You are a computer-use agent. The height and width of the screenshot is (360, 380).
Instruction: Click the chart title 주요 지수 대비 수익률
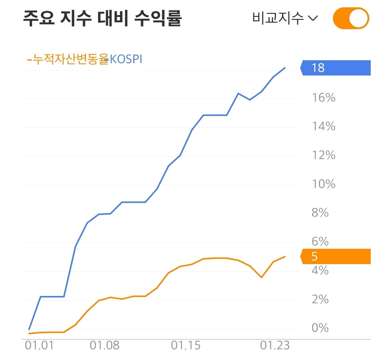click(x=102, y=18)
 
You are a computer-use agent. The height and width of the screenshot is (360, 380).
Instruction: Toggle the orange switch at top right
click(x=351, y=18)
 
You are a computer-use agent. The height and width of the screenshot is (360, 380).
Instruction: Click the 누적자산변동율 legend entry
click(x=68, y=59)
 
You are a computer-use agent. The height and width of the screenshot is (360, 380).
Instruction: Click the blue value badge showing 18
click(x=336, y=68)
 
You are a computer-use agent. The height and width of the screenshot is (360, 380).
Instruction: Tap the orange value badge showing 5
click(x=336, y=256)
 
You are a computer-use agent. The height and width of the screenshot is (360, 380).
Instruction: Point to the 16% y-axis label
click(x=324, y=98)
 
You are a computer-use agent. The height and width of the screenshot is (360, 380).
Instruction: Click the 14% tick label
click(x=324, y=126)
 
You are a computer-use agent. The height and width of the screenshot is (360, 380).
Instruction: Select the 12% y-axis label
click(x=324, y=155)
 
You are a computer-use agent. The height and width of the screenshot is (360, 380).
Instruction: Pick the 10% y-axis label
click(x=324, y=184)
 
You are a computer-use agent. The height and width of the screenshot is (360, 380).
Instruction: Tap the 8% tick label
click(x=320, y=213)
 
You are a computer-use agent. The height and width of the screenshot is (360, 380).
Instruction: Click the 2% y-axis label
click(x=320, y=299)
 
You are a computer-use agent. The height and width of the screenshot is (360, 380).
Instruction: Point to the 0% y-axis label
click(x=320, y=328)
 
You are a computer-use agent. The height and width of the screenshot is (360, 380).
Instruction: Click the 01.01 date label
click(x=39, y=346)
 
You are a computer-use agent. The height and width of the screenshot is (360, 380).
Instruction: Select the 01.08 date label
click(x=105, y=346)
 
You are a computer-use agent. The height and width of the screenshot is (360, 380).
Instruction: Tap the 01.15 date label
click(x=186, y=346)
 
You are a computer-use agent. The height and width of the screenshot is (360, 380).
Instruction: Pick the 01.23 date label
click(x=275, y=346)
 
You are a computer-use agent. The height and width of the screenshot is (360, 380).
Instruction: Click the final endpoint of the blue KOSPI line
click(x=285, y=68)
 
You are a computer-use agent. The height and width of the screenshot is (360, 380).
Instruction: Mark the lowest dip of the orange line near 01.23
click(x=262, y=277)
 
